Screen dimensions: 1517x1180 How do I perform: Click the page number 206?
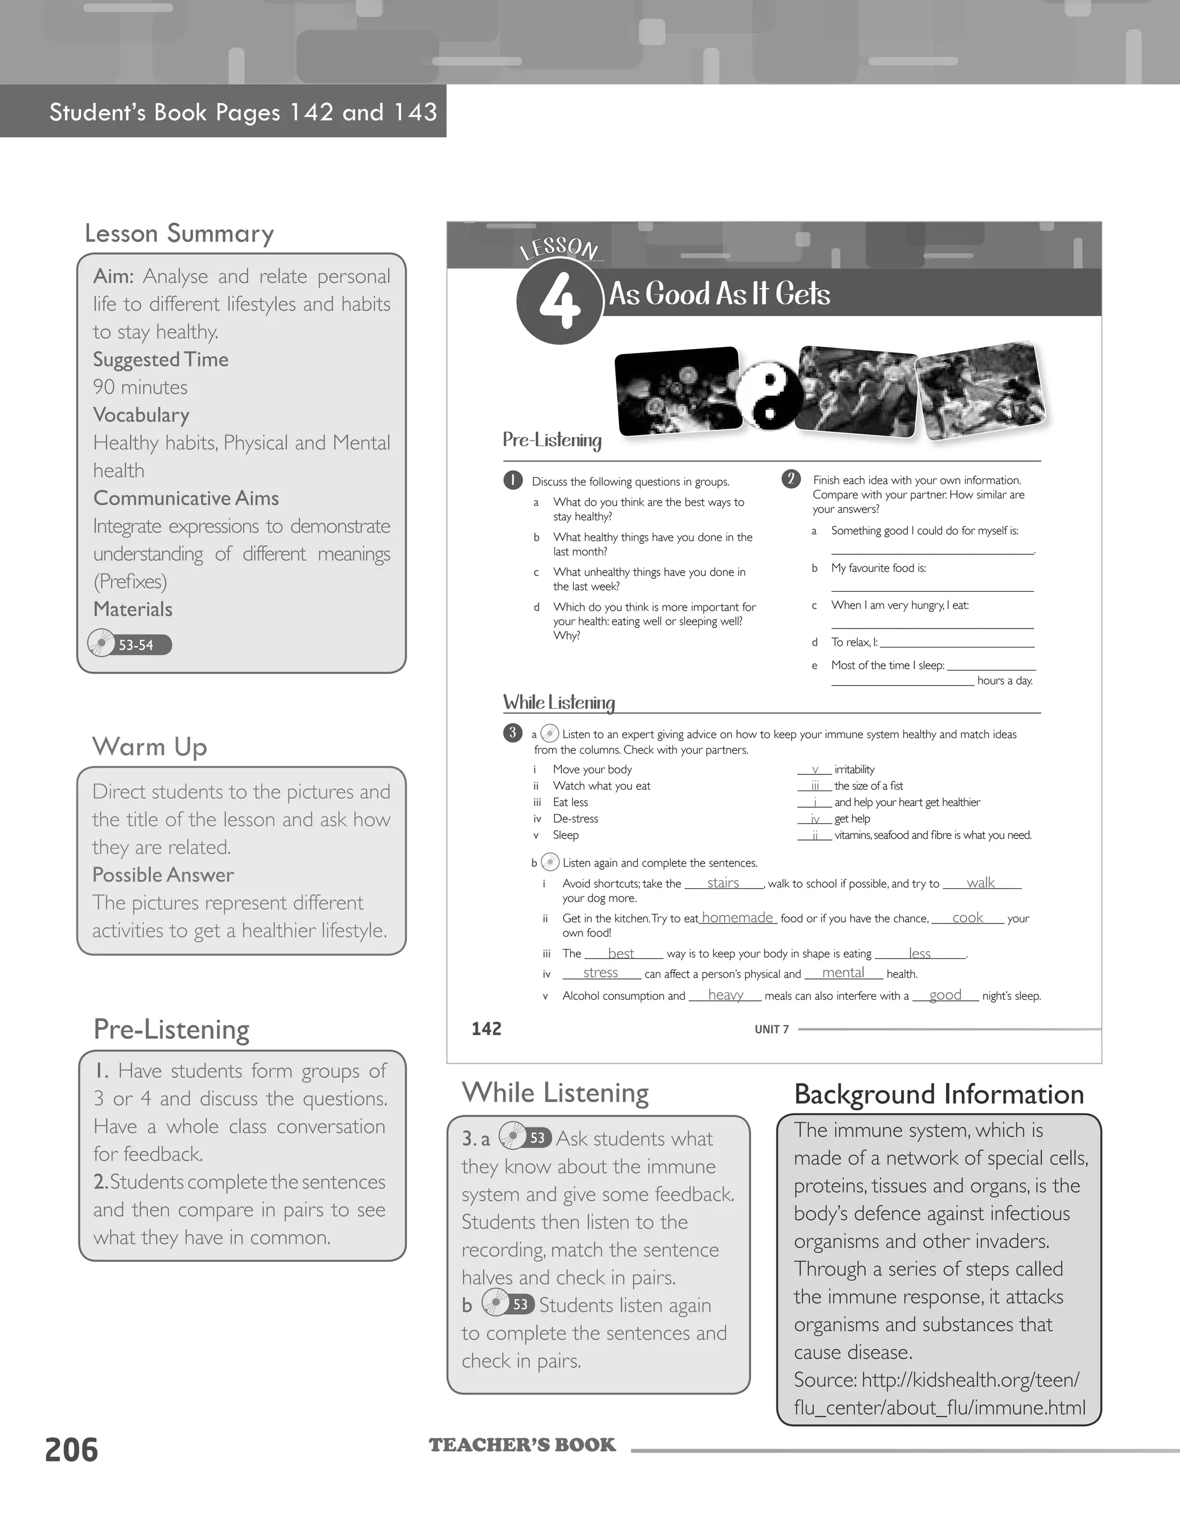pos(71,1450)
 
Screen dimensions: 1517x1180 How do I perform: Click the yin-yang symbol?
pos(769,395)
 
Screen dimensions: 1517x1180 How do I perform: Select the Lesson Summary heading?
pos(179,233)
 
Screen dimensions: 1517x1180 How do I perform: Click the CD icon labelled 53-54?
pos(101,643)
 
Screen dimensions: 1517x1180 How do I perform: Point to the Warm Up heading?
pos(150,747)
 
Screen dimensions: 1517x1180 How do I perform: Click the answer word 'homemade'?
pos(737,918)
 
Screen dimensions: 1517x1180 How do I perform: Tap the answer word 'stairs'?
pos(723,883)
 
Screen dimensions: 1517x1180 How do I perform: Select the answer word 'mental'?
pos(843,973)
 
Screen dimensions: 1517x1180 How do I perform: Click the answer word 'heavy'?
pos(726,994)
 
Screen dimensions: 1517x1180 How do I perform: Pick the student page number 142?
pos(486,1028)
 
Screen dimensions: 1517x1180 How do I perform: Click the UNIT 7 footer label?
pos(771,1030)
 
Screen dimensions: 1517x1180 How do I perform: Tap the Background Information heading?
pos(939,1095)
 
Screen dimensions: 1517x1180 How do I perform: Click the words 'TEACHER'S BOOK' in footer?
pos(522,1446)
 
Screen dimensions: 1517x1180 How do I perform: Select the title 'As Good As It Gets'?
pos(720,294)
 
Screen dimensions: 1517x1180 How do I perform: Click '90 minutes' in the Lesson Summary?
pos(140,387)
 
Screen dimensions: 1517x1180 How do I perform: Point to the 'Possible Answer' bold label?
pos(163,875)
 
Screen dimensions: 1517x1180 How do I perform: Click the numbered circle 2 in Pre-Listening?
pos(791,479)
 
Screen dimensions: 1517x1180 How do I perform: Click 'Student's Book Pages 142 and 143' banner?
pos(243,112)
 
